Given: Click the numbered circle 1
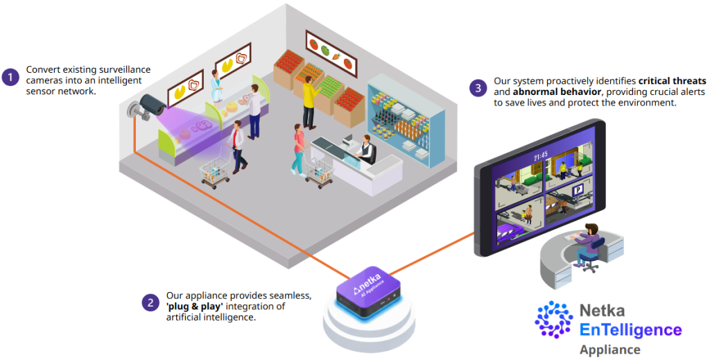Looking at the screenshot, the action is pyautogui.click(x=10, y=77).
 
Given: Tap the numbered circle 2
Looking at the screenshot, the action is pyautogui.click(x=150, y=302).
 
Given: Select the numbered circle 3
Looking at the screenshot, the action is pyautogui.click(x=478, y=88).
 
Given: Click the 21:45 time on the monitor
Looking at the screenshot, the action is pyautogui.click(x=541, y=157).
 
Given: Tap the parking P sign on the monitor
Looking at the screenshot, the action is pyautogui.click(x=578, y=191).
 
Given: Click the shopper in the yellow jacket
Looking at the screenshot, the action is pyautogui.click(x=310, y=103).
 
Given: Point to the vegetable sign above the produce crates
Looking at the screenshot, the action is pyautogui.click(x=331, y=52).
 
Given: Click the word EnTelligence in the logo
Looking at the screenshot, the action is pyautogui.click(x=631, y=330).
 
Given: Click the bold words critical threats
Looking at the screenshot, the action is pyautogui.click(x=672, y=81).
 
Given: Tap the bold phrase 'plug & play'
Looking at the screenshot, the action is pyautogui.click(x=194, y=307).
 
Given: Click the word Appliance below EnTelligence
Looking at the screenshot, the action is pyautogui.click(x=610, y=350).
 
